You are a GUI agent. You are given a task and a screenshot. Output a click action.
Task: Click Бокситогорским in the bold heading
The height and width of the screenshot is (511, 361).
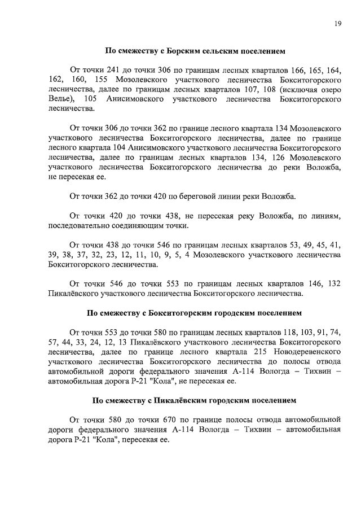[x=192, y=312]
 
